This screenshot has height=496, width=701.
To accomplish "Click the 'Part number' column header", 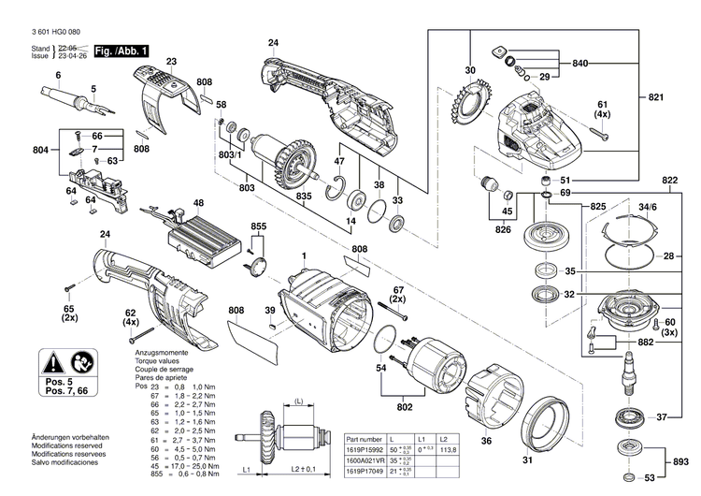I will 365,437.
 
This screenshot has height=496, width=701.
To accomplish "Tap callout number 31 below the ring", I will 527,460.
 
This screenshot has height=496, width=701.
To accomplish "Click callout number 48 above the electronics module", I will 198,203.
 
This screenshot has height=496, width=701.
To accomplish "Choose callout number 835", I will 304,198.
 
